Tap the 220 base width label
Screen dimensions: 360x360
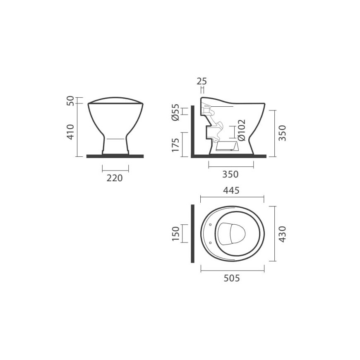(x=115, y=178)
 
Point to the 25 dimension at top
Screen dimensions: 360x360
(x=202, y=81)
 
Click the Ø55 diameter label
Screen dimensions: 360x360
(x=175, y=112)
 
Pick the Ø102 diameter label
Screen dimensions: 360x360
(x=242, y=130)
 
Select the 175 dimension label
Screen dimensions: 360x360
(x=175, y=145)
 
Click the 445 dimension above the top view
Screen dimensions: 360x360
(x=231, y=190)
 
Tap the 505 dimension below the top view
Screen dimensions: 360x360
(x=232, y=278)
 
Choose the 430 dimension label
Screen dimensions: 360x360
(x=282, y=234)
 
